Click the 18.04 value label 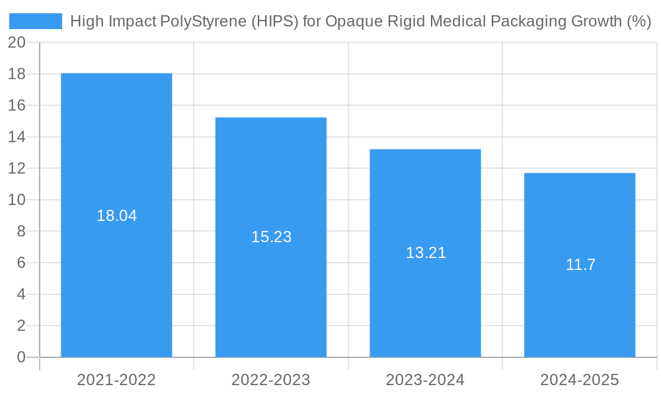click(x=116, y=216)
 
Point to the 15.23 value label click(x=271, y=237)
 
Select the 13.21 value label click(x=426, y=253)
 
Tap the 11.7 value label click(x=580, y=265)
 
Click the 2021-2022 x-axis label click(x=116, y=380)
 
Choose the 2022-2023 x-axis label click(x=271, y=380)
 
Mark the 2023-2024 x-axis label click(x=425, y=380)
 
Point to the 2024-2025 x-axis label click(x=580, y=380)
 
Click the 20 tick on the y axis click(x=17, y=42)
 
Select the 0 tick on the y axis click(x=20, y=357)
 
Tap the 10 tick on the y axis click(x=17, y=200)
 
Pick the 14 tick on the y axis click(x=17, y=137)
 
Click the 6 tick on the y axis click(x=20, y=263)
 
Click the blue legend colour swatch click(x=36, y=21)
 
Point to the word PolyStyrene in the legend click(x=206, y=22)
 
